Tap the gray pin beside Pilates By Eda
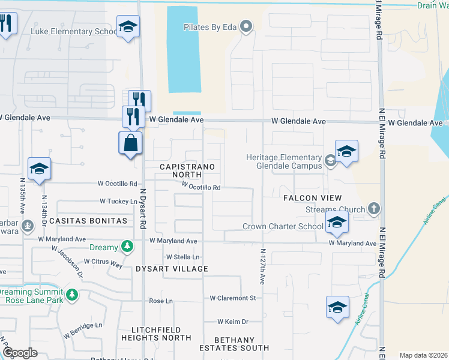[245, 26]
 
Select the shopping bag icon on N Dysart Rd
[131, 143]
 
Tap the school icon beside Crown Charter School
[337, 223]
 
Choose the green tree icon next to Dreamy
[127, 246]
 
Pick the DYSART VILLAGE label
[172, 269]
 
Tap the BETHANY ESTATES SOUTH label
[234, 344]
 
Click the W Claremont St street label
[233, 298]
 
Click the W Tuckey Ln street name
[118, 202]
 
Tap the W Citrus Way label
[103, 262]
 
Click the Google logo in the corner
[20, 353]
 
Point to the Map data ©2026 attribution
[423, 355]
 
